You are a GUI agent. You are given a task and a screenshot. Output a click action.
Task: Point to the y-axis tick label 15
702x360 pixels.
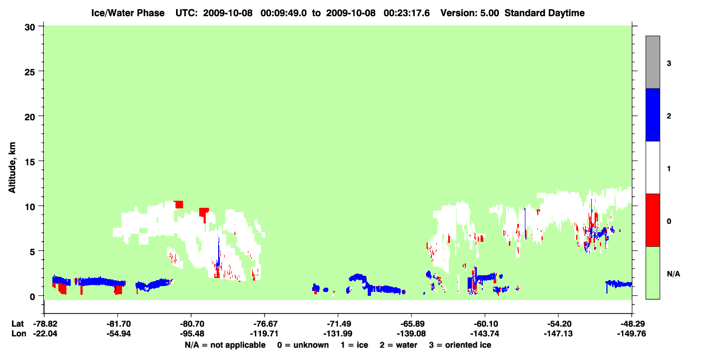tap(30, 162)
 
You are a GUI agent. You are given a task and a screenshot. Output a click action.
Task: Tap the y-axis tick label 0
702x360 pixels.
tap(32, 297)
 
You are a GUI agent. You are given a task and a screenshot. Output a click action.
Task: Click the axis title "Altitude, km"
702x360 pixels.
tap(12, 168)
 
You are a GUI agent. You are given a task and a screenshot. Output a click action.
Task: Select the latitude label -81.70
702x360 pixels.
tap(118, 324)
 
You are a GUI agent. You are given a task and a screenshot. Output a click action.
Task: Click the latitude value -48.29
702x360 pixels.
tap(631, 324)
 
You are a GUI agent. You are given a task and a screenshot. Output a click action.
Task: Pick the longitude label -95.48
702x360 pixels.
tap(192, 334)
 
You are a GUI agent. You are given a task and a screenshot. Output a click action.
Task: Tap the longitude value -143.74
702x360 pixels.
tap(485, 334)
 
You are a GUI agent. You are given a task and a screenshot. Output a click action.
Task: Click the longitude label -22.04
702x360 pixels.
tap(45, 334)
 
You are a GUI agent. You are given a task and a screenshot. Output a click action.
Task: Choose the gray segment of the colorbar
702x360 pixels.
tap(652, 62)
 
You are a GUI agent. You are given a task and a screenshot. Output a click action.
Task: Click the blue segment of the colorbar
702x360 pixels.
tap(652, 114)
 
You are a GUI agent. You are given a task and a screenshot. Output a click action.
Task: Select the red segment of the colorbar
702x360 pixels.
tap(652, 220)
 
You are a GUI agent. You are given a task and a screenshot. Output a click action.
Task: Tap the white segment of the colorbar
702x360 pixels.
tap(652, 168)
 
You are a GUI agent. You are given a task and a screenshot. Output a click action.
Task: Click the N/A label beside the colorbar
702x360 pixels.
tap(673, 274)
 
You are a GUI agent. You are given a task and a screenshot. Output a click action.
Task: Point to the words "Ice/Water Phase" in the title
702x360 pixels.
tap(128, 13)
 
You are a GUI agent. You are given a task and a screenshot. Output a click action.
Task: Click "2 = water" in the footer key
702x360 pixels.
tap(399, 345)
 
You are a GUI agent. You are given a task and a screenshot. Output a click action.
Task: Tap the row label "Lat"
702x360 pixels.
tap(17, 324)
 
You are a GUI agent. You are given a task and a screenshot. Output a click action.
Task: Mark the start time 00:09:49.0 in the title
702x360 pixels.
tap(283, 13)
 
